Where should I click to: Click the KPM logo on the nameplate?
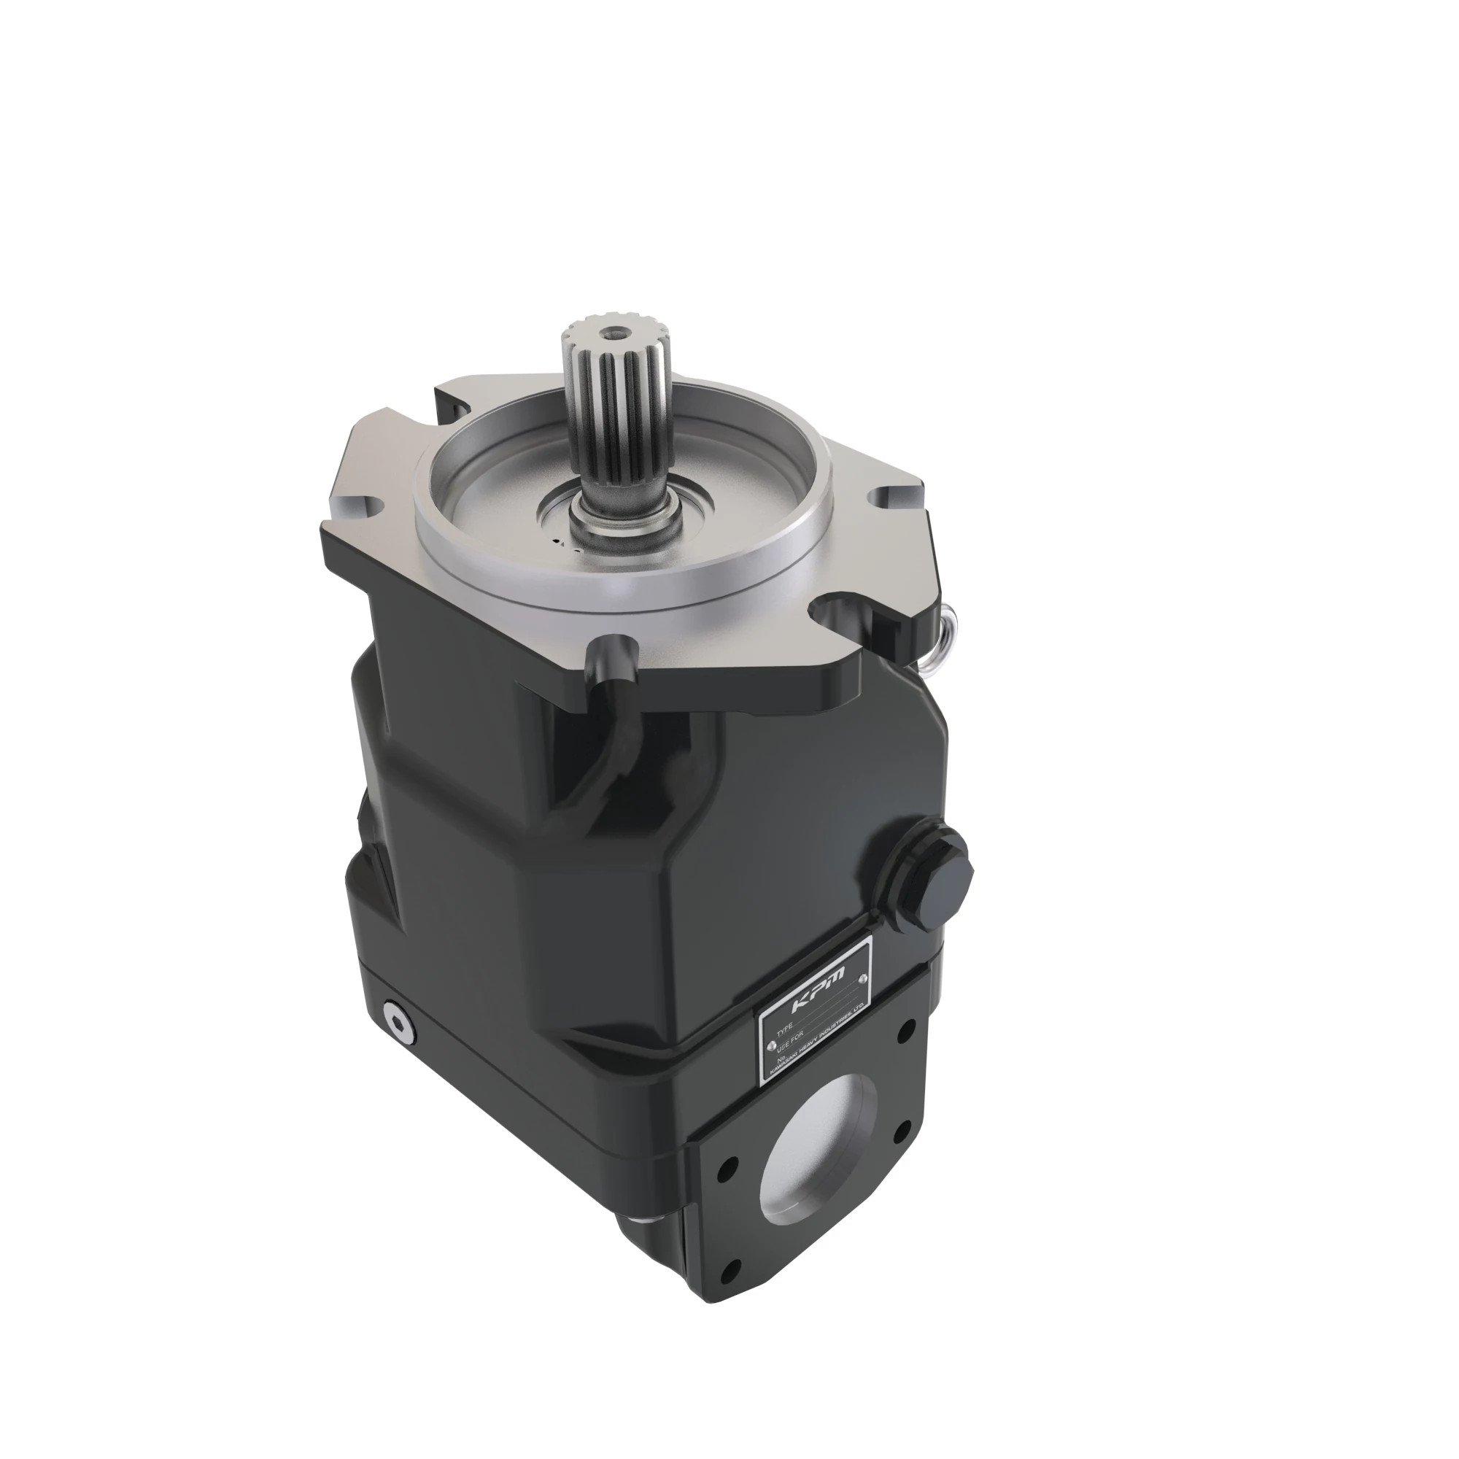(818, 988)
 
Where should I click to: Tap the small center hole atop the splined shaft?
(609, 330)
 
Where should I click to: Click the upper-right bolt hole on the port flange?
(903, 1029)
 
